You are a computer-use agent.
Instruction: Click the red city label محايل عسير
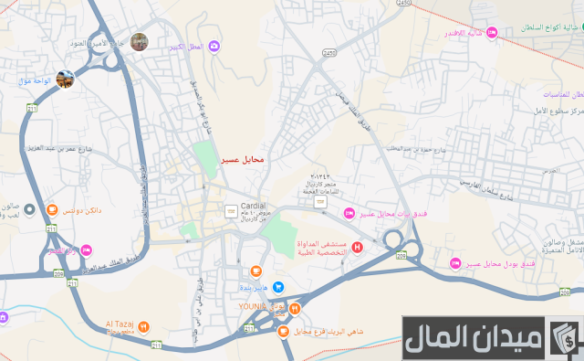pos(242,160)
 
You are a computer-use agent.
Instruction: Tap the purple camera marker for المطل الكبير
pos(214,46)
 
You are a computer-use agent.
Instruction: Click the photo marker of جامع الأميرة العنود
pos(139,41)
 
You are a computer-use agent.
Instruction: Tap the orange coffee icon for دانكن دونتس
pos(51,210)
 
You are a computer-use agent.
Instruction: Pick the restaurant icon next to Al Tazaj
pos(143,326)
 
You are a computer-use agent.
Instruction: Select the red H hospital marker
pos(357,247)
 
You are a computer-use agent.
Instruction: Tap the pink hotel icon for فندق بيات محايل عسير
pos(348,214)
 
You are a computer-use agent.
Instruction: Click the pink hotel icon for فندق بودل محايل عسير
pos(454,264)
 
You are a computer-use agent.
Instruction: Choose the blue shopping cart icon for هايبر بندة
pos(278,287)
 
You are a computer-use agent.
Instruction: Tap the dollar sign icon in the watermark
pos(564,339)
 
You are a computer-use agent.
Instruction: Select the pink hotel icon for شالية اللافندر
pos(491,33)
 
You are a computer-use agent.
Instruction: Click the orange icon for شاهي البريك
pos(284,331)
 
